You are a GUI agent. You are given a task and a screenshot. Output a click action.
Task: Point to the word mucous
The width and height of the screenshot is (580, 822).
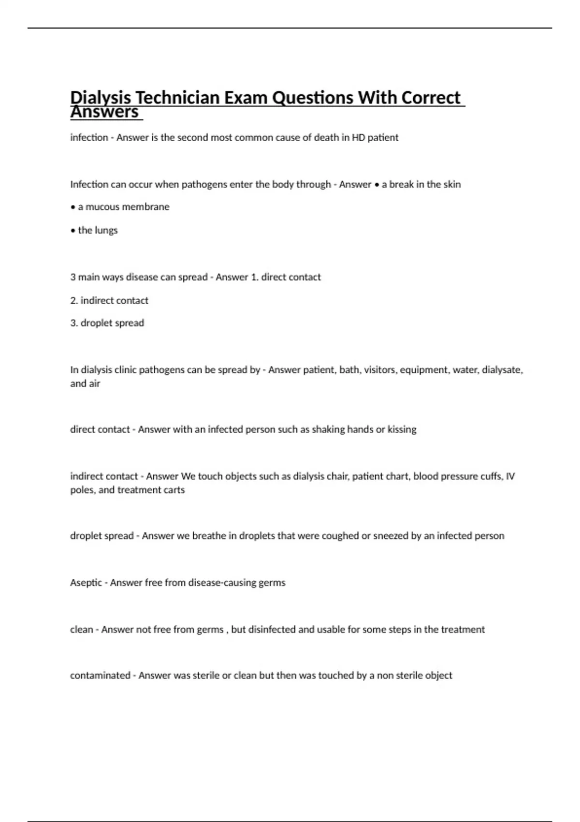click(99, 207)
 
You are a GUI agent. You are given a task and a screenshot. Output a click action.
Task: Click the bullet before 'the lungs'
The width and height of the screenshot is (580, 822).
click(72, 231)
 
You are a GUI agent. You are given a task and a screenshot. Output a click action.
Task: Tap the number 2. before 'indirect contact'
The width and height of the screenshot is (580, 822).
click(74, 300)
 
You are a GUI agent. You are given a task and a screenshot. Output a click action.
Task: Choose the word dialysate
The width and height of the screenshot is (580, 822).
click(503, 370)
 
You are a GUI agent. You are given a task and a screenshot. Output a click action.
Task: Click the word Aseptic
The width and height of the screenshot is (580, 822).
click(86, 583)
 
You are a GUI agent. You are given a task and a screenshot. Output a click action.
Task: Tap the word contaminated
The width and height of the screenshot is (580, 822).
click(100, 675)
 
